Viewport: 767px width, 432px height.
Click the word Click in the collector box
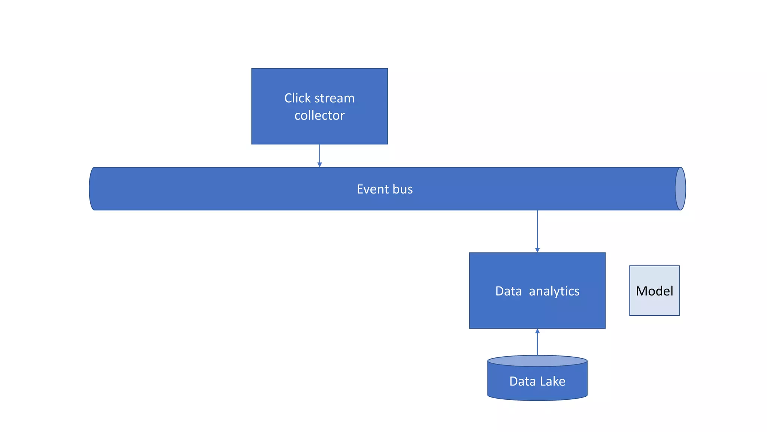tap(297, 98)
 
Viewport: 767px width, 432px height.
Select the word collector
tap(319, 115)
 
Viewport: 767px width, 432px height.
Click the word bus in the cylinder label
tap(403, 189)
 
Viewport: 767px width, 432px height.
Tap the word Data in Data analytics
tap(508, 291)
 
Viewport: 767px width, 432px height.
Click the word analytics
tap(554, 291)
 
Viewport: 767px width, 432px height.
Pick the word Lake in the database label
tap(552, 381)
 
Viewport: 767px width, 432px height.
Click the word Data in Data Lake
tap(522, 381)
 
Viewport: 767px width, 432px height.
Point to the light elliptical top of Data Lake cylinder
tap(537, 361)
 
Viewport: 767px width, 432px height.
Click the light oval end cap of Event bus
tap(680, 189)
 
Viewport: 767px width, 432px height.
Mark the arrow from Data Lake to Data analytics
tap(537, 343)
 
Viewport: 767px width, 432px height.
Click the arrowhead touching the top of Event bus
tap(319, 165)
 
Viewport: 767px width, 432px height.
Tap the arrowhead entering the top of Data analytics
tap(537, 250)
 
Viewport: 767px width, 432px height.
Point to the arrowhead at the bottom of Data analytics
tap(537, 331)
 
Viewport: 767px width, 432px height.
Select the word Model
tap(654, 291)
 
